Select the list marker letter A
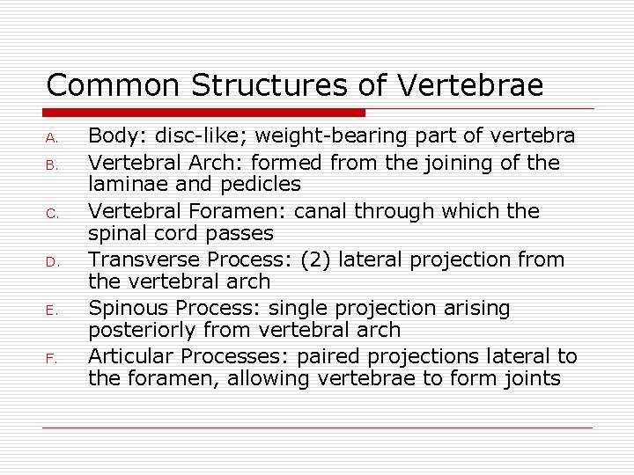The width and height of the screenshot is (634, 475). tap(52, 138)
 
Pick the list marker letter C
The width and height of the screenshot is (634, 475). tap(52, 213)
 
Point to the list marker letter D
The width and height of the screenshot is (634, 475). tap(52, 261)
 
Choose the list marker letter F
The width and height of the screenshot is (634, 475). tap(52, 358)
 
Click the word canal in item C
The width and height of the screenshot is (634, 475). tap(324, 212)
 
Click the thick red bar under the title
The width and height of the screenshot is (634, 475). tap(204, 113)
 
